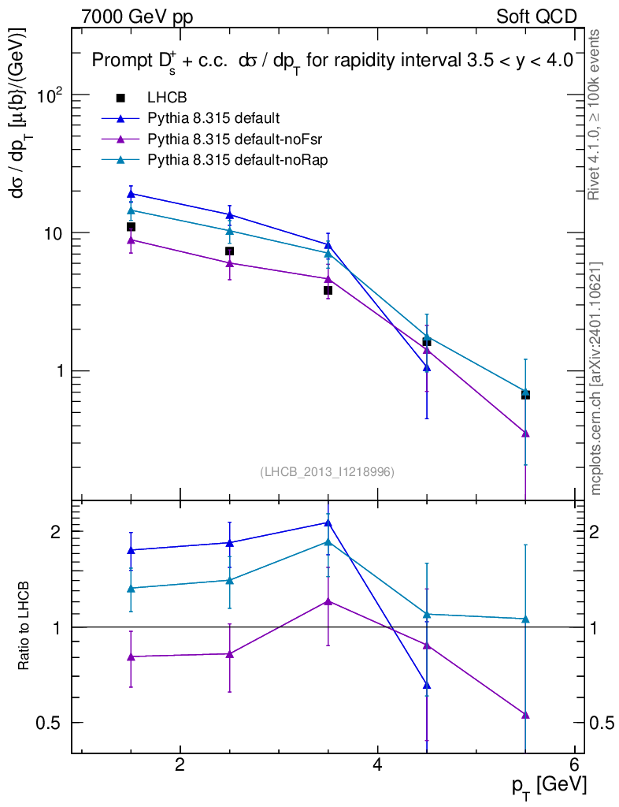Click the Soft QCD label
[x=536, y=17]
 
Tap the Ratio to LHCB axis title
[x=24, y=627]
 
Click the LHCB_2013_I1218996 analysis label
[x=327, y=472]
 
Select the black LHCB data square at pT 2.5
[x=229, y=251]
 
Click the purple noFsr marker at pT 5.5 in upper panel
[x=525, y=433]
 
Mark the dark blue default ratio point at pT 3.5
[x=328, y=523]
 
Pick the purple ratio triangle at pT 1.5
[x=131, y=656]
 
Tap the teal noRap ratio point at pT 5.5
[x=525, y=619]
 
